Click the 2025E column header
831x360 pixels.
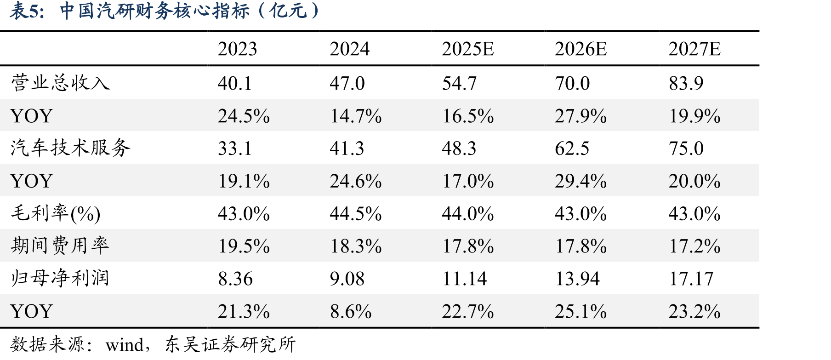[468, 49]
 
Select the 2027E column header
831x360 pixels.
[694, 49]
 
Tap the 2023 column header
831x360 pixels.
[237, 49]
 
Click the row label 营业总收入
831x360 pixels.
[60, 83]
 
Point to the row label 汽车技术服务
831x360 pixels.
[70, 148]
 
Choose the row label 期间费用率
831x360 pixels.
[60, 246]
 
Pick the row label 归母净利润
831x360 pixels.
[60, 278]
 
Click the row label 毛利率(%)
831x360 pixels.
[56, 213]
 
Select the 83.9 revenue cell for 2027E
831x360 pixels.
[686, 83]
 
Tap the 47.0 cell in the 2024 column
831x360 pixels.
[347, 83]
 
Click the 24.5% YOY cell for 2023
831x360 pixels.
[244, 116]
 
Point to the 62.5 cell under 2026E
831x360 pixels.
[572, 149]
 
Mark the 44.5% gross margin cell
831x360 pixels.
[356, 214]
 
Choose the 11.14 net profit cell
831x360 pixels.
[464, 279]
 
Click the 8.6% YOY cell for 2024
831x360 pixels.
[351, 311]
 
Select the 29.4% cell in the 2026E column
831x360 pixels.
[581, 181]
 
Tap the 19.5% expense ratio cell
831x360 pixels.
[244, 246]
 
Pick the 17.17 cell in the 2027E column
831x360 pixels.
[691, 279]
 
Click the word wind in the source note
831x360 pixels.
[125, 344]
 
